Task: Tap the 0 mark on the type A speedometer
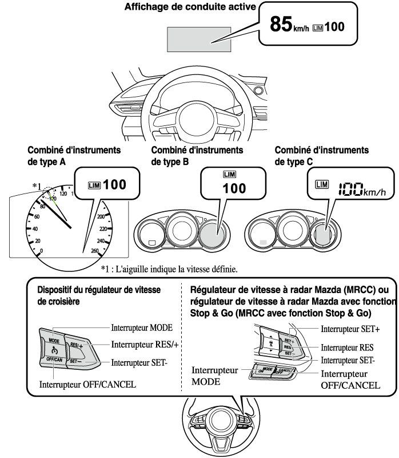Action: (x=42, y=251)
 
